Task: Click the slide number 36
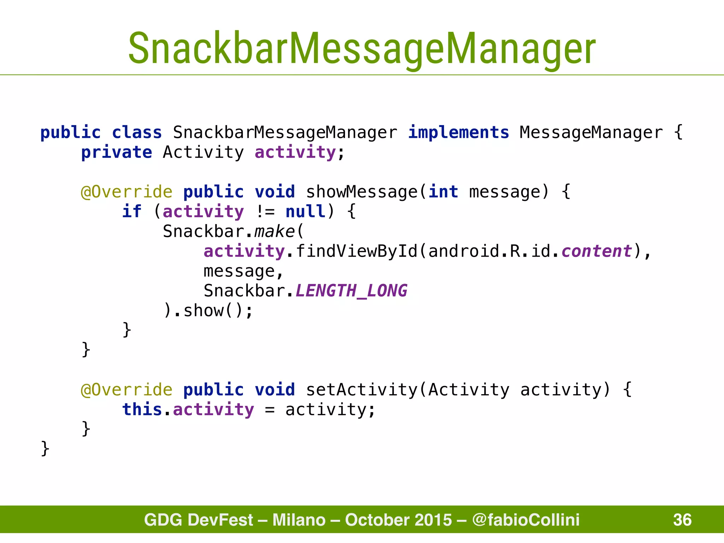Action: [682, 520]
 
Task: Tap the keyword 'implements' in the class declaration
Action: [459, 133]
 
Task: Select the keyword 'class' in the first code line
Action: [137, 133]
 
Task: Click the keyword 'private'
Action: [117, 153]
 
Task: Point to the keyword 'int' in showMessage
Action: [443, 192]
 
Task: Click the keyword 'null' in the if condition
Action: [305, 212]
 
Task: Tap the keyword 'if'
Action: [132, 212]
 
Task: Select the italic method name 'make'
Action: [274, 232]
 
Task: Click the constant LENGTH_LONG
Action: [351, 291]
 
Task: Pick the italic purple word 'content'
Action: [597, 251]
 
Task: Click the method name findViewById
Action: [356, 251]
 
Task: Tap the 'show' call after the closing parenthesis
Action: [203, 311]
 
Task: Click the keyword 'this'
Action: [142, 410]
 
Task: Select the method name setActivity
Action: [361, 390]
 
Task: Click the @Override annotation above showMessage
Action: [127, 192]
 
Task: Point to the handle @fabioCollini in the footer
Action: [526, 520]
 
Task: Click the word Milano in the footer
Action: [299, 520]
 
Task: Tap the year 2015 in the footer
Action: [433, 520]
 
